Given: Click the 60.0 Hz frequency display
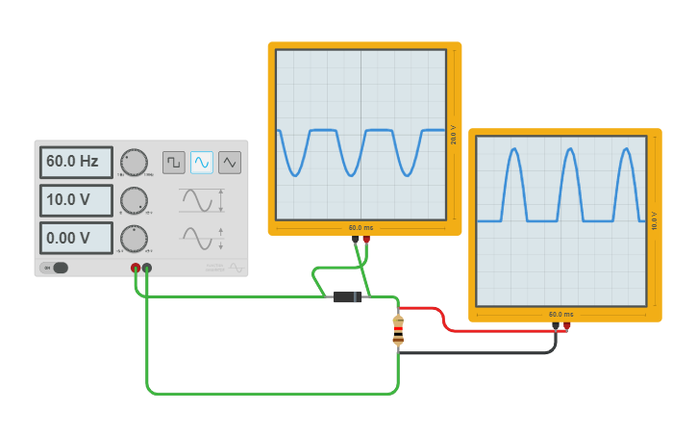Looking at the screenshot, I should [76, 162].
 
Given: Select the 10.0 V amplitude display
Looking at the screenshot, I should [76, 200].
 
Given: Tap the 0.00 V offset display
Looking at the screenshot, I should [76, 238].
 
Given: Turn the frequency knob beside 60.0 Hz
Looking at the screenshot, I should [135, 162].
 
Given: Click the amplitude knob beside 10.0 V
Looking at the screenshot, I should [135, 200].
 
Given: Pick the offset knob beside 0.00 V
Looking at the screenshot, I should [135, 238].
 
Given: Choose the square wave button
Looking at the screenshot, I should [174, 162].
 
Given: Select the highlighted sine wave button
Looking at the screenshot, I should [202, 162].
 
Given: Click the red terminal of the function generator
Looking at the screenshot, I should [136, 268].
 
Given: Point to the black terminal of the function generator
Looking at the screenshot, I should [147, 268].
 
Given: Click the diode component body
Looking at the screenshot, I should [347, 297].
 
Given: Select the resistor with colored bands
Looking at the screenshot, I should [398, 329].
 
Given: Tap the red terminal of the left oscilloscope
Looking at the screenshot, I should [366, 239].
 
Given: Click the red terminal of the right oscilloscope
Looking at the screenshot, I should [566, 325].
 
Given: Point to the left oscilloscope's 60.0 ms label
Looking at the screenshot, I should [361, 228].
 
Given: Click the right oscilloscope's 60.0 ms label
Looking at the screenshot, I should [560, 315].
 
